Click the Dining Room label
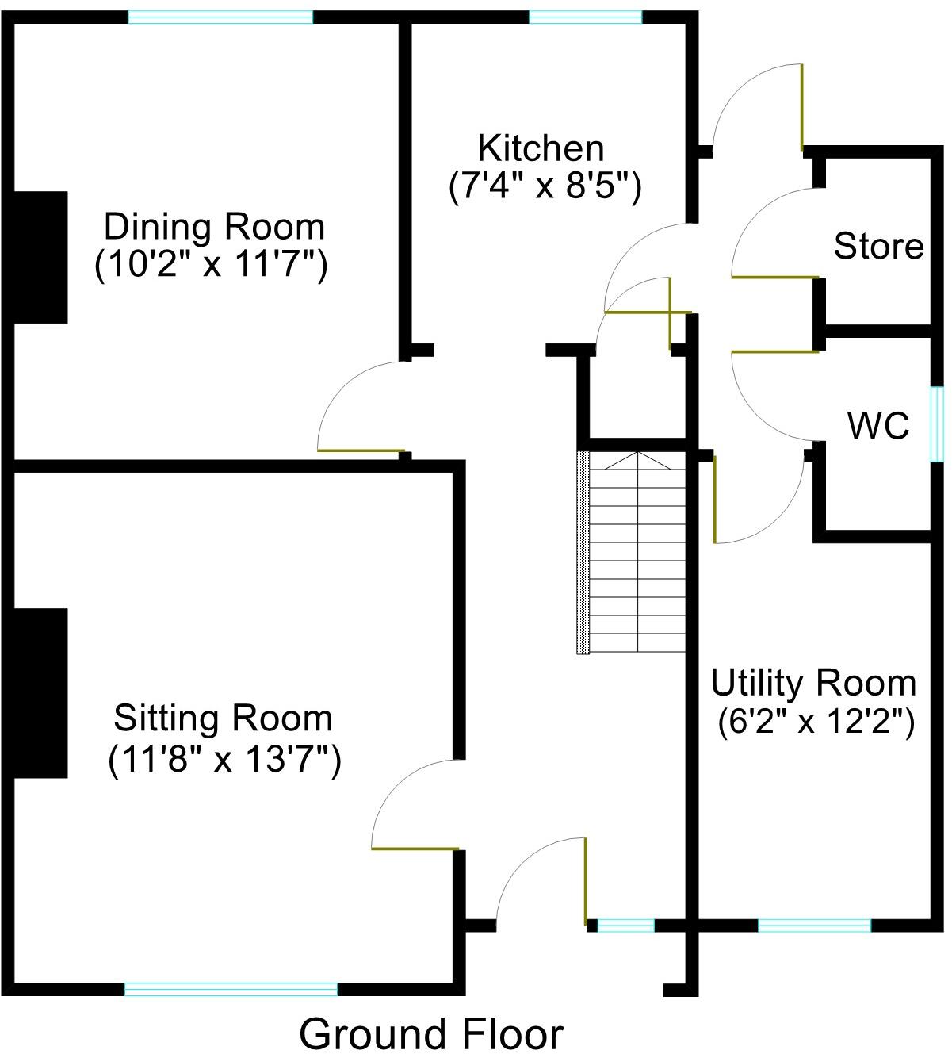[214, 228]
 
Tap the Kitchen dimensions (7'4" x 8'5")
[545, 188]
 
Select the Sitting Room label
[223, 719]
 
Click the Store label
[878, 247]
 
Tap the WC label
[878, 427]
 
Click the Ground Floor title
[431, 1034]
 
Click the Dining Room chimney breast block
[40, 257]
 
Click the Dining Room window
[220, 17]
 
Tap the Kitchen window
[585, 17]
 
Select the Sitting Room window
[231, 988]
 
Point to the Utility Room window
[814, 925]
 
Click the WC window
[937, 423]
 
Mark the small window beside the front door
[625, 925]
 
